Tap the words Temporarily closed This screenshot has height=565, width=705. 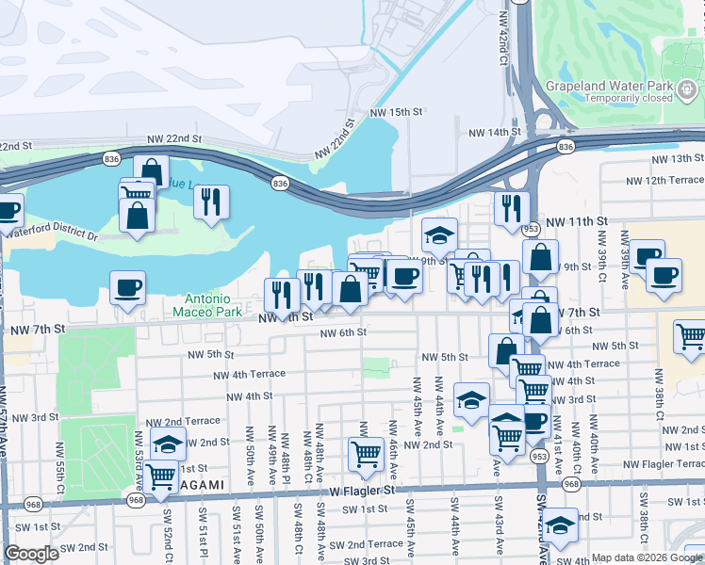(x=629, y=98)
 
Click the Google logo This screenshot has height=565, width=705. (x=31, y=554)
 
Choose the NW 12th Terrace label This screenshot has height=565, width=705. (x=664, y=180)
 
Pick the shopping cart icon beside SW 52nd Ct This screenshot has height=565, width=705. (x=161, y=477)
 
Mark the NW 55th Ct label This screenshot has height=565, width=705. (x=60, y=460)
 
